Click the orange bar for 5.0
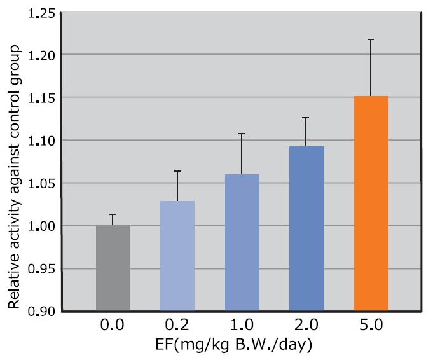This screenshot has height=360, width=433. (371, 204)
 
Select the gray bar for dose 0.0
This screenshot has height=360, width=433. (113, 268)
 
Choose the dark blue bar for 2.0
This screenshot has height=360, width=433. (306, 228)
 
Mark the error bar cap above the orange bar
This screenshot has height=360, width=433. (371, 39)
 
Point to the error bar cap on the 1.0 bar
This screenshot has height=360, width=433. (242, 134)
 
